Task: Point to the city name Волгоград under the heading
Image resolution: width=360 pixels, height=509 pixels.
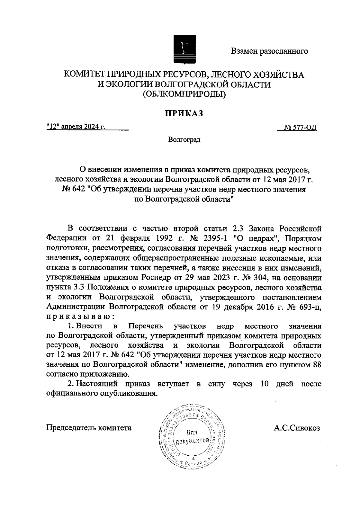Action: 184,140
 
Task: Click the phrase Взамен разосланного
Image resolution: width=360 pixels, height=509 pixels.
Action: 269,51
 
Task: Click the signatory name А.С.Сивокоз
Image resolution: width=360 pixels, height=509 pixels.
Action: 297,428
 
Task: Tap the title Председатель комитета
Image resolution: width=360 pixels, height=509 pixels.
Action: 89,428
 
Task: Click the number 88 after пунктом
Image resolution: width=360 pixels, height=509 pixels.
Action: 317,365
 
